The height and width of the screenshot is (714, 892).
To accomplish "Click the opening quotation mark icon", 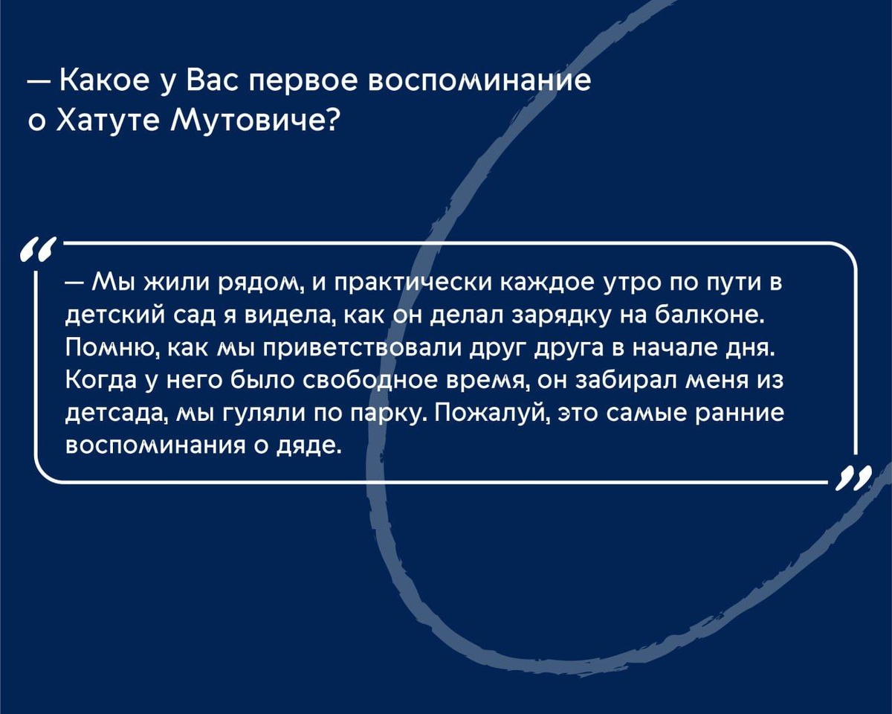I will (39, 248).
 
